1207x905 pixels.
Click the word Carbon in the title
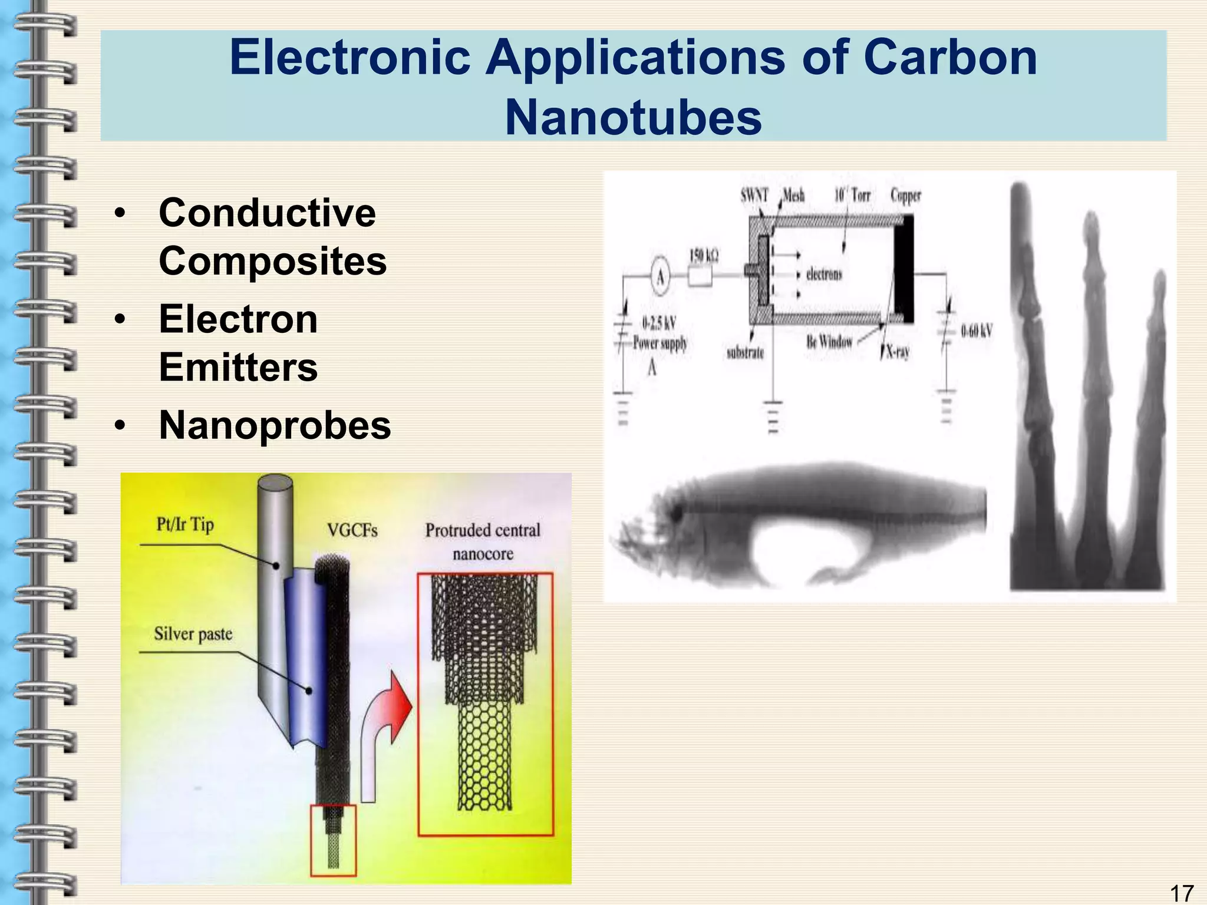click(949, 57)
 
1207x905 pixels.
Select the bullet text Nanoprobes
click(275, 425)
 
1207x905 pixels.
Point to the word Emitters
click(238, 367)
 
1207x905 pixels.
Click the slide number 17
click(1181, 893)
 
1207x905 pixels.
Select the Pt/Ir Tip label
click(185, 524)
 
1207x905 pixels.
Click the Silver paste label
click(193, 634)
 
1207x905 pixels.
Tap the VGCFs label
click(352, 530)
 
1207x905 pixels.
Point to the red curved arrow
click(386, 725)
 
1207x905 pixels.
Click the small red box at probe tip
click(334, 840)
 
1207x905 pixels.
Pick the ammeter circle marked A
click(661, 276)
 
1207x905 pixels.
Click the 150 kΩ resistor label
click(704, 256)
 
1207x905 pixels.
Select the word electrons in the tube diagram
click(824, 274)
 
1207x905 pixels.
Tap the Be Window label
click(829, 341)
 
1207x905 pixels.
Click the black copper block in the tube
click(903, 268)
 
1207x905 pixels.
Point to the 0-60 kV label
click(977, 331)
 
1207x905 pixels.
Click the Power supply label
click(660, 343)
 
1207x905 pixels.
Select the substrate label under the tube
click(745, 352)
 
